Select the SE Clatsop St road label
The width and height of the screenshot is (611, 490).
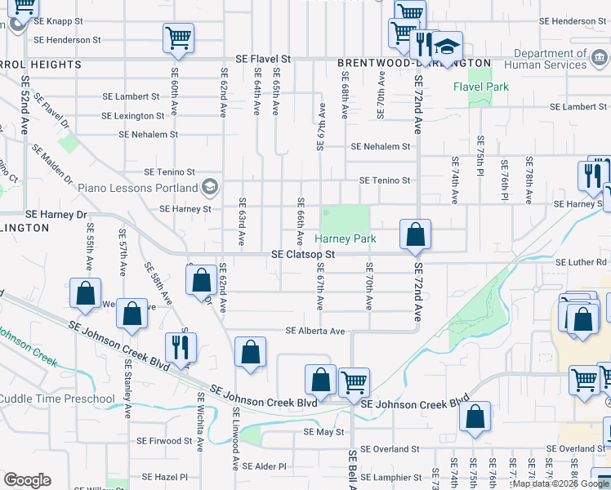[x=304, y=255]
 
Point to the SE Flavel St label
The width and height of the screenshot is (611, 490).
[x=263, y=60]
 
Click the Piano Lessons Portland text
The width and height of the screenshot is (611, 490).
[x=140, y=187]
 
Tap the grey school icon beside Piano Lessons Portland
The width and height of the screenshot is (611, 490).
[x=212, y=187]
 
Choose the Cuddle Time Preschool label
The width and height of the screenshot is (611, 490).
[x=57, y=399]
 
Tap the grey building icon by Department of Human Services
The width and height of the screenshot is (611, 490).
[x=600, y=58]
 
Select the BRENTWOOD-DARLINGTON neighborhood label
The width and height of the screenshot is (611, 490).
[x=414, y=63]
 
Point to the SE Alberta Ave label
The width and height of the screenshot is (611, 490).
[x=314, y=331]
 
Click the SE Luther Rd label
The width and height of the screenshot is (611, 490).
[x=582, y=263]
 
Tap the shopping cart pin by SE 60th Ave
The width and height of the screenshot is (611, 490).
[x=178, y=38]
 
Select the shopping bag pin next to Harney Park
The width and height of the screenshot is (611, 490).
[x=415, y=234]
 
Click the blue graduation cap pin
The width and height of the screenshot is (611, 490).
[x=447, y=44]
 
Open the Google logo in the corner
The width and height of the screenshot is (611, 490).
[x=27, y=480]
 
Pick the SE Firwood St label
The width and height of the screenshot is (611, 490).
[x=164, y=441]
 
